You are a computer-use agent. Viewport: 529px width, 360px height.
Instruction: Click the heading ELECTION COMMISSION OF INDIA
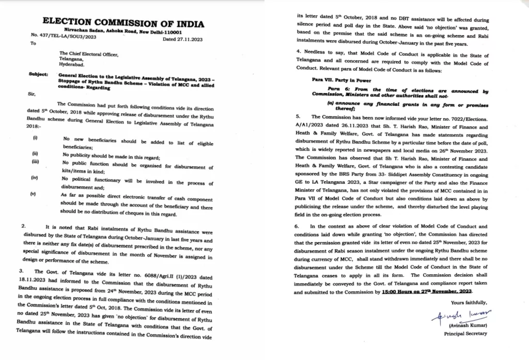click(123, 23)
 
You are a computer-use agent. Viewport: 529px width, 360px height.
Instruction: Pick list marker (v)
click(35, 195)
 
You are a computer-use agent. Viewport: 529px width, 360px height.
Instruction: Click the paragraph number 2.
click(24, 226)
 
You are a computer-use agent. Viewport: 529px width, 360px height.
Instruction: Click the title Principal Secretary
click(464, 333)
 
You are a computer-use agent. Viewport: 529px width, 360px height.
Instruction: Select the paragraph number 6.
click(297, 227)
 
